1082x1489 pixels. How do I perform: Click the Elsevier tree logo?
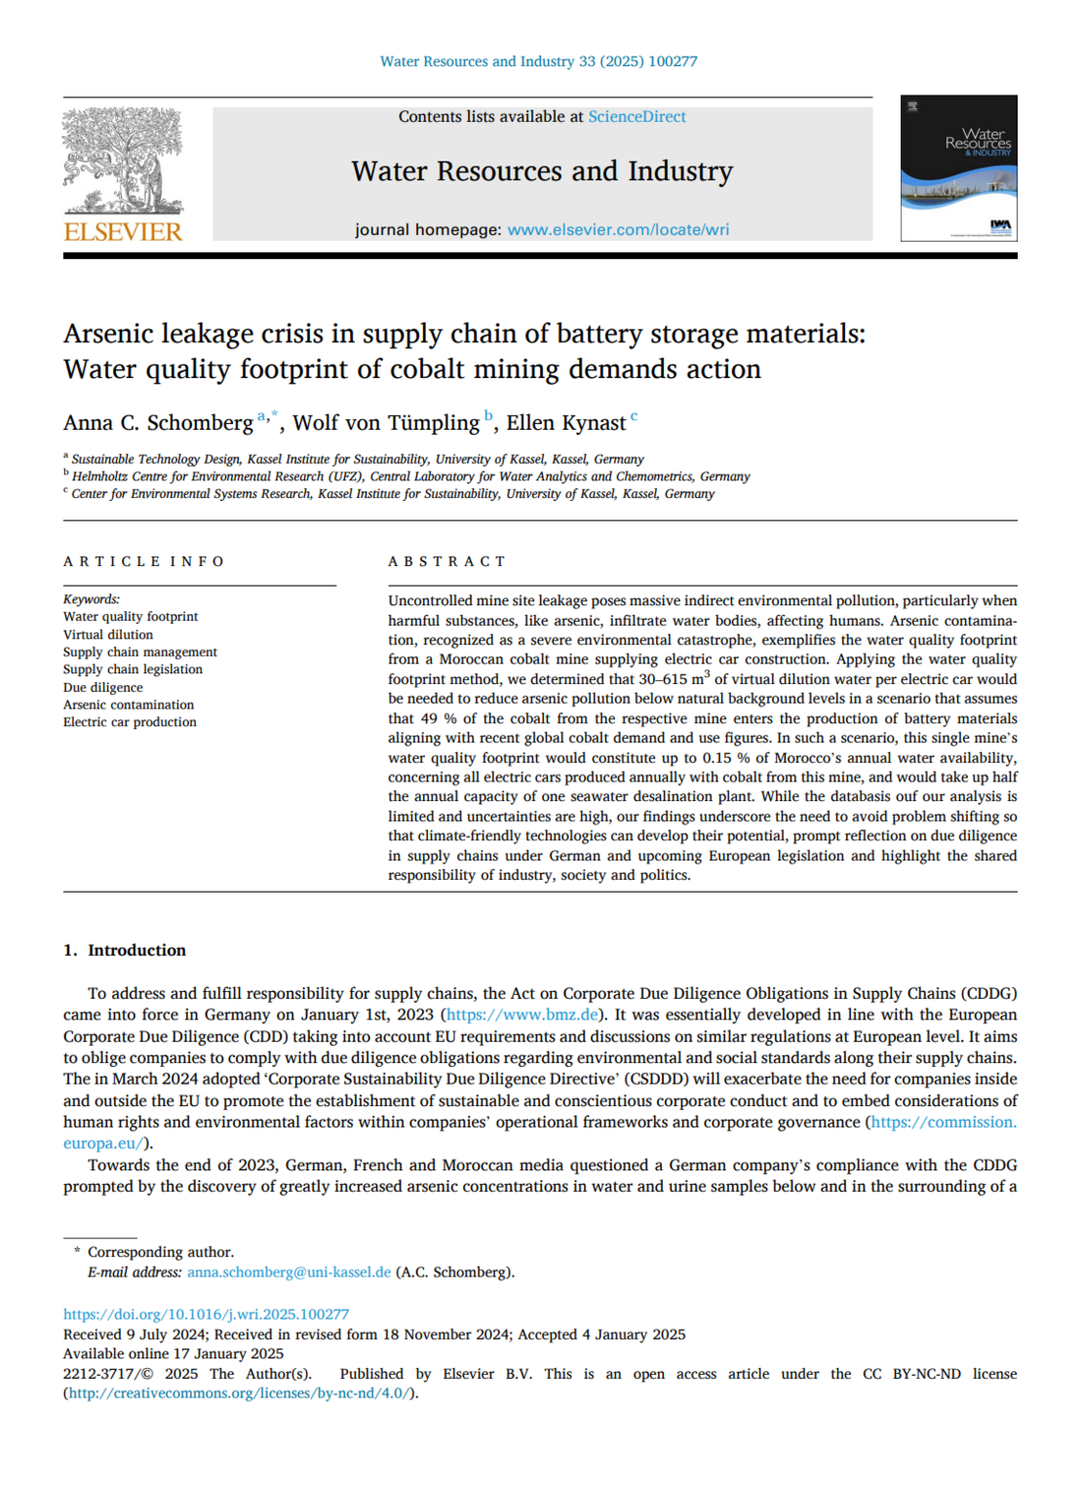click(x=123, y=160)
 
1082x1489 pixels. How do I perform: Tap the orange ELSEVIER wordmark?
click(x=123, y=232)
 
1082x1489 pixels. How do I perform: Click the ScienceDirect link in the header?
click(x=637, y=117)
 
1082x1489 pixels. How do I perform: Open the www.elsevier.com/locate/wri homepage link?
click(x=618, y=230)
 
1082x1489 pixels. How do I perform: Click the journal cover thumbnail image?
click(x=958, y=169)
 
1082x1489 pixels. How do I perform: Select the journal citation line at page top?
click(x=538, y=61)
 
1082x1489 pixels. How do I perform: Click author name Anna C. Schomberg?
click(x=158, y=423)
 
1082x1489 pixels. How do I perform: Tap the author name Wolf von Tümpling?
click(x=386, y=423)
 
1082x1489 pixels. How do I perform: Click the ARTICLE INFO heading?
click(x=144, y=561)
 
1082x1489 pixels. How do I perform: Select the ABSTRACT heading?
click(x=447, y=561)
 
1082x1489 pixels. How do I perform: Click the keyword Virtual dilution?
click(x=108, y=634)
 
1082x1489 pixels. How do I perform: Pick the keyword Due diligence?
click(x=102, y=687)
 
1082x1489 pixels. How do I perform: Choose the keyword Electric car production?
click(x=130, y=722)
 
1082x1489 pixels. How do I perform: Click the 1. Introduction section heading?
click(x=125, y=950)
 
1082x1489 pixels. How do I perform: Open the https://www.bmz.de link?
click(x=522, y=1014)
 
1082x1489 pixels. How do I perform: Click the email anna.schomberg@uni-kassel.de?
click(x=289, y=1272)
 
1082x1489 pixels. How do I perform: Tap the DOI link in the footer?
click(x=206, y=1315)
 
